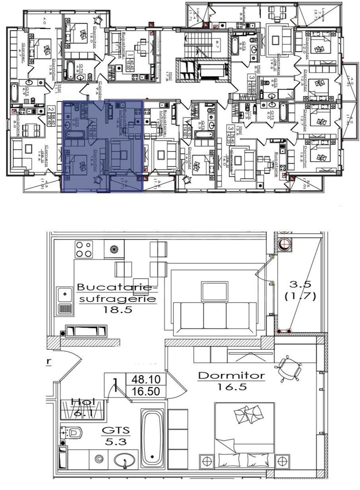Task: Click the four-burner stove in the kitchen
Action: (x=84, y=249)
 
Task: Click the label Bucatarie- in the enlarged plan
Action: (x=117, y=287)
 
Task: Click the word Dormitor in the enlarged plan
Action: (x=231, y=376)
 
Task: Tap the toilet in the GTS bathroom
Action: (x=73, y=432)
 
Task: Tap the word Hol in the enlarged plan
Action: (x=83, y=402)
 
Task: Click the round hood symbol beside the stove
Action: (x=113, y=249)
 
